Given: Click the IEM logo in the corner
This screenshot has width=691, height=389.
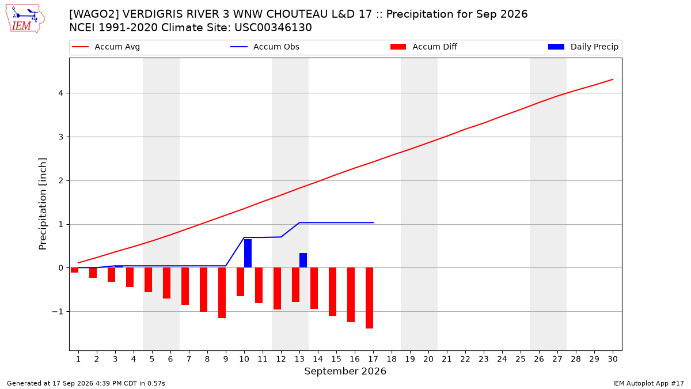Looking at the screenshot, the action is pyautogui.click(x=25, y=19).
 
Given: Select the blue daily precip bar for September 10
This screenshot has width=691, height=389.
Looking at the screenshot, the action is pyautogui.click(x=248, y=253).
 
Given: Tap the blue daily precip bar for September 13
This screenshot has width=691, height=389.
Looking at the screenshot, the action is pyautogui.click(x=303, y=260).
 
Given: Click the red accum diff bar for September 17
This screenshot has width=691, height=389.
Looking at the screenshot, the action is pyautogui.click(x=369, y=298).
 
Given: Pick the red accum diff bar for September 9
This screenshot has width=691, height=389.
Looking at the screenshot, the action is pyautogui.click(x=222, y=293).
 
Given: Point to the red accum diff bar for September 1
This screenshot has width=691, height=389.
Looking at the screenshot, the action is pyautogui.click(x=74, y=270).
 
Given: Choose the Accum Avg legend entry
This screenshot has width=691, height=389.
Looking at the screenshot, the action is pyautogui.click(x=106, y=47).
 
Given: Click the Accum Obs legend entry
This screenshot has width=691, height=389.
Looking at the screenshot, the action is pyautogui.click(x=265, y=47).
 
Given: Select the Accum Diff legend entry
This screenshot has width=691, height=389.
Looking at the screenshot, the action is pyautogui.click(x=424, y=47).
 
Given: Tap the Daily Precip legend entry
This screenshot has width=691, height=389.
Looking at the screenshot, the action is pyautogui.click(x=583, y=47).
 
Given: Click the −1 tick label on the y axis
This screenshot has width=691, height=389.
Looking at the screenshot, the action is pyautogui.click(x=58, y=312).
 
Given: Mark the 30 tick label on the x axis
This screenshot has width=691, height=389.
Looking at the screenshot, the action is pyautogui.click(x=613, y=359).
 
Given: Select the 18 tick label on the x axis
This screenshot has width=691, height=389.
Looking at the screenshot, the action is pyautogui.click(x=392, y=359).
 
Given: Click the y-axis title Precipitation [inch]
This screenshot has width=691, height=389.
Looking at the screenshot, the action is pyautogui.click(x=43, y=204).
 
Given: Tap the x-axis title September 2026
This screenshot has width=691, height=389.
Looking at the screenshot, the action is pyautogui.click(x=345, y=371).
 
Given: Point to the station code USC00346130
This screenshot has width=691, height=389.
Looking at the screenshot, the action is pyautogui.click(x=273, y=28).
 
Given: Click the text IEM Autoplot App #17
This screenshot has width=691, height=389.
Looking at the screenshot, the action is pyautogui.click(x=648, y=383).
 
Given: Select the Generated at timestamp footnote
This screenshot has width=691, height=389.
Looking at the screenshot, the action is pyautogui.click(x=86, y=383).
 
